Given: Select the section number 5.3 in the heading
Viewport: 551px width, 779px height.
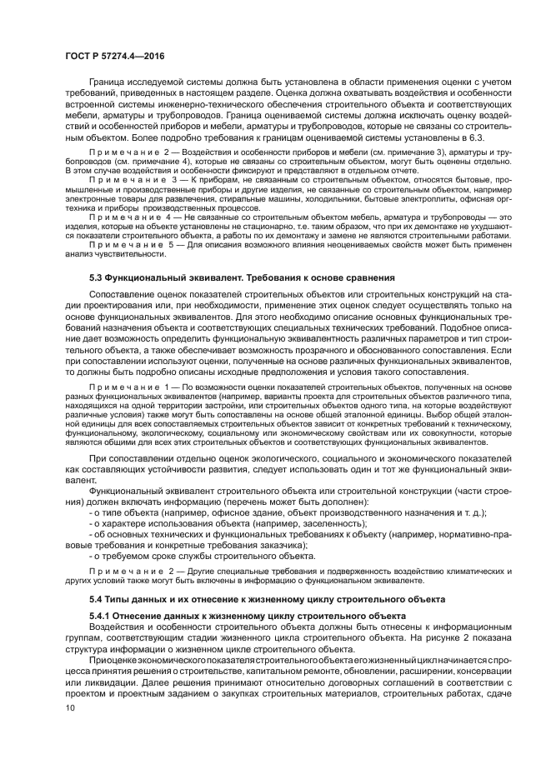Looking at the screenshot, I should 96,276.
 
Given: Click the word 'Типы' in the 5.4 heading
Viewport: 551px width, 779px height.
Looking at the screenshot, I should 123,599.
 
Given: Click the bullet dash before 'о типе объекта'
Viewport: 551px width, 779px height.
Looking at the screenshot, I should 91,512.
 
